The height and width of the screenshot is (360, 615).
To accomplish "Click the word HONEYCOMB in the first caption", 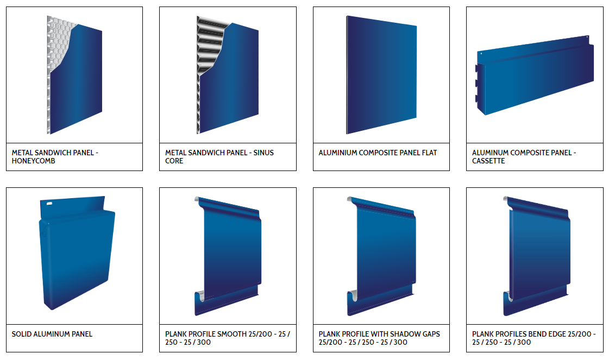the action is click(33, 161).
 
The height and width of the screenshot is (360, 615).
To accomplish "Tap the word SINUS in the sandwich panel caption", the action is click(263, 153).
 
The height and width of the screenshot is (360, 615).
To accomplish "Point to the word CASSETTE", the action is click(488, 161).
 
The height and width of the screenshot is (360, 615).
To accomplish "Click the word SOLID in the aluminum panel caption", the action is click(21, 334).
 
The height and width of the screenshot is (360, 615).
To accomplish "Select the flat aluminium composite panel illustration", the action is click(381, 75).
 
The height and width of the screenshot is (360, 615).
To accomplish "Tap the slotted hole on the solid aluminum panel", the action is click(49, 204).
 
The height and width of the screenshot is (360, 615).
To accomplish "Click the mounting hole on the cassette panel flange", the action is click(587, 37).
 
